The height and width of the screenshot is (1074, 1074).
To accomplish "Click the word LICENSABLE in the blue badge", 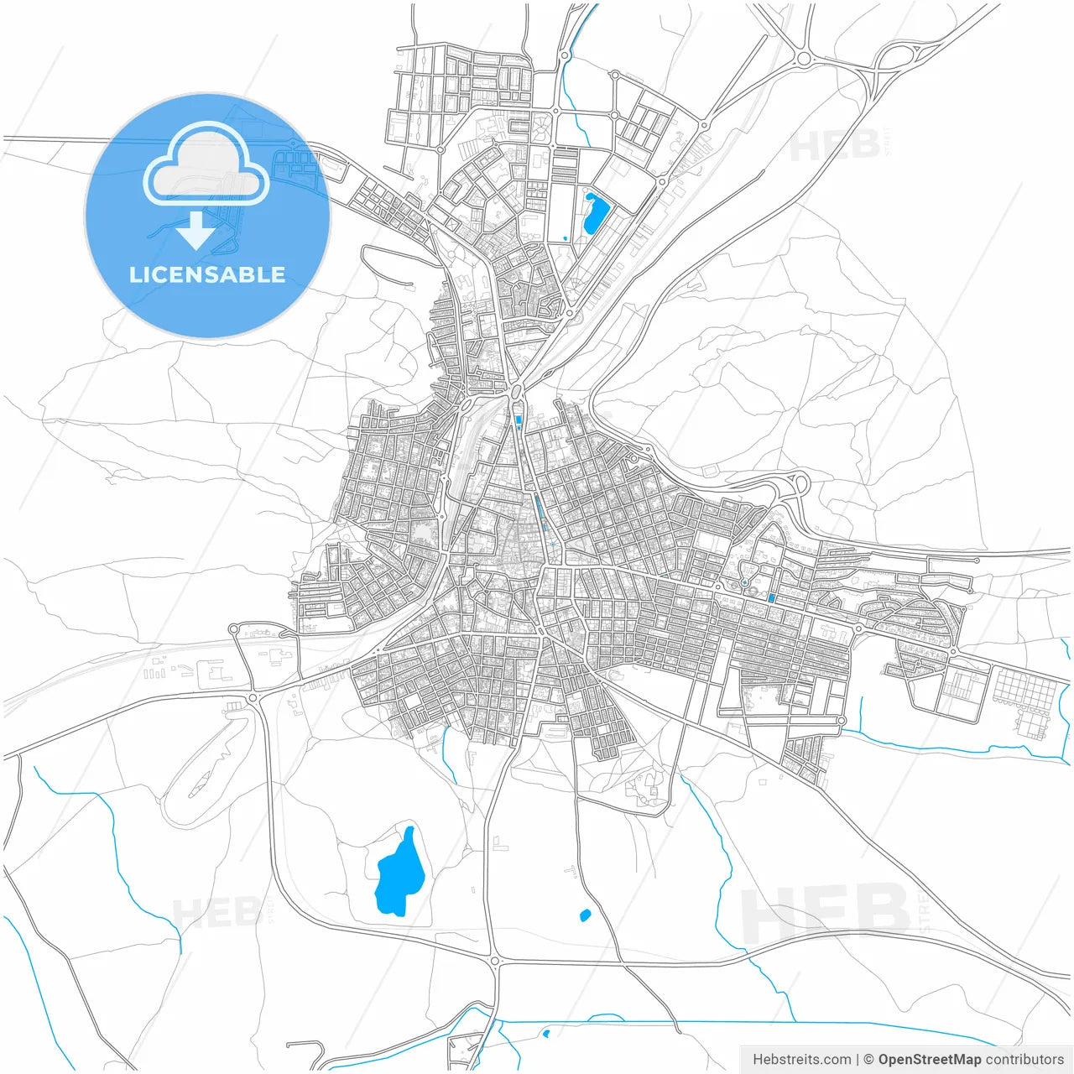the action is point(207,274).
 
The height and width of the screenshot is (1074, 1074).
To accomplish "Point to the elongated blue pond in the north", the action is point(595,213).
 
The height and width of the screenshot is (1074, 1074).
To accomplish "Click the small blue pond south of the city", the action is point(585,915).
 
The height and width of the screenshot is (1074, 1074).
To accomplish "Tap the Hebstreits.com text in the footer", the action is point(801,1059).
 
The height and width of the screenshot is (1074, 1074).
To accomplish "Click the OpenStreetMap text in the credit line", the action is point(929,1059).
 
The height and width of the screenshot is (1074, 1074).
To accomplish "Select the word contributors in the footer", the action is point(1024,1059).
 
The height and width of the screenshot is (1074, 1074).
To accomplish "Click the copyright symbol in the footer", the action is point(868,1059).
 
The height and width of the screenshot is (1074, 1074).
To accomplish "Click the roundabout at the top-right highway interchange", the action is point(804,58).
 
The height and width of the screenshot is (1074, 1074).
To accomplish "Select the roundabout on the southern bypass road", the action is point(495,961).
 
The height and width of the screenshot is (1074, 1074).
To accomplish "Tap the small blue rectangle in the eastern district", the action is point(771,598).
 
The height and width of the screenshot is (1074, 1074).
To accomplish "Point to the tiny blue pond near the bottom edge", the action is point(546,1033).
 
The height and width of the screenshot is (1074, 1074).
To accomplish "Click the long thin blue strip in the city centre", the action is point(538,508).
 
